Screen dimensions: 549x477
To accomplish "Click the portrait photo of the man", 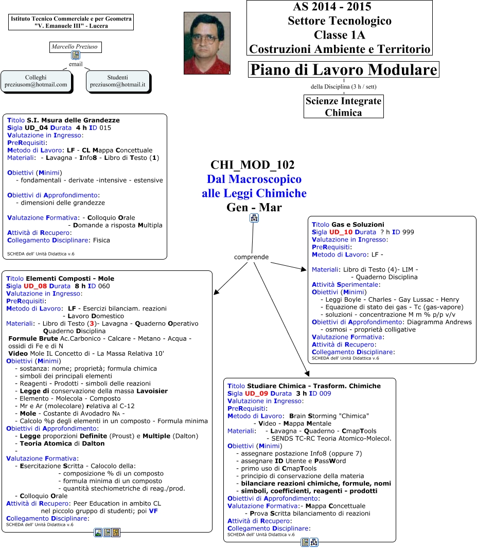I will (x=206, y=43).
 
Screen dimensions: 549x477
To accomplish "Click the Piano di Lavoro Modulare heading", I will (x=344, y=69).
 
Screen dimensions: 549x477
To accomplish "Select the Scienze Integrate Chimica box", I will (x=344, y=107).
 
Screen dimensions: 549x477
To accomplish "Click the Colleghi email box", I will (x=36, y=81).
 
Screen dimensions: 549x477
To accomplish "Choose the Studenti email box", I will (x=118, y=81).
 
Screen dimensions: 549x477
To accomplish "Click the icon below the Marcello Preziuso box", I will (x=76, y=56).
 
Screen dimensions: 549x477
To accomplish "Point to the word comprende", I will (x=251, y=257).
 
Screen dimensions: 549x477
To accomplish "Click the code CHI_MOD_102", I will (x=253, y=165).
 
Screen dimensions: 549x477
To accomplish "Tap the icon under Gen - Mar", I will (x=254, y=218).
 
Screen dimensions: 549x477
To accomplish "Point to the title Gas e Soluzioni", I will (x=358, y=225).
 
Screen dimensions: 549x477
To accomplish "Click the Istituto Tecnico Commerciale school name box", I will (x=72, y=22).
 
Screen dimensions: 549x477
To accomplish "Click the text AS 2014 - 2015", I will (x=332, y=7).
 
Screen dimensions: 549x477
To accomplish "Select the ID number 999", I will (x=408, y=232).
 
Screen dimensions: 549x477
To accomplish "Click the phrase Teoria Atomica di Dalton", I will (x=62, y=443).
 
